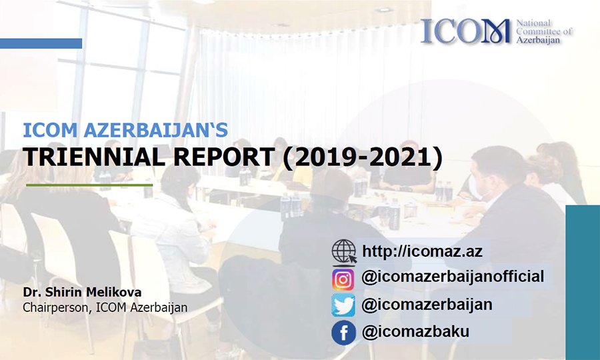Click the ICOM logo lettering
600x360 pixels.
pyautogui.click(x=466, y=31)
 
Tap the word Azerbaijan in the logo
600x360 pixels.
pyautogui.click(x=538, y=40)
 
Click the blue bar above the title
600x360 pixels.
pyautogui.click(x=41, y=43)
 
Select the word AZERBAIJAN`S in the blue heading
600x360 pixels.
pyautogui.click(x=156, y=130)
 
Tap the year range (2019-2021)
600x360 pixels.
pyautogui.click(x=363, y=157)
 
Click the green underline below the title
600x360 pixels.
pyautogui.click(x=89, y=185)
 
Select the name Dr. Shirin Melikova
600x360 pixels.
pyautogui.click(x=82, y=292)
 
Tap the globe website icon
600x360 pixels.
pyautogui.click(x=344, y=252)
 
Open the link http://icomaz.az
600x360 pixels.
pyautogui.click(x=422, y=251)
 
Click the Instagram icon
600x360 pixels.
pyautogui.click(x=343, y=279)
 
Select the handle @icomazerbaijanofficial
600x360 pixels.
pyautogui.click(x=453, y=277)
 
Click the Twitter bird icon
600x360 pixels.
pyautogui.click(x=343, y=305)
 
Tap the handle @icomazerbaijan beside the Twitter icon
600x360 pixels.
pyautogui.click(x=427, y=305)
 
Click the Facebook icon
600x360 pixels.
pyautogui.click(x=343, y=333)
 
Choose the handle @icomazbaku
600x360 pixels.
pyautogui.click(x=415, y=332)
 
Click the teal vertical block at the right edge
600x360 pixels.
pyautogui.click(x=583, y=283)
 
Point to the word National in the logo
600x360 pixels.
pyautogui.click(x=534, y=23)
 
